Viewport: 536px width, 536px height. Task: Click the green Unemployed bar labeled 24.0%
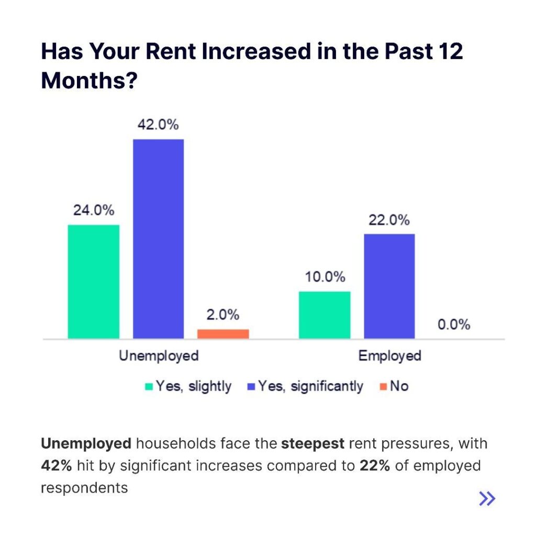pyautogui.click(x=94, y=282)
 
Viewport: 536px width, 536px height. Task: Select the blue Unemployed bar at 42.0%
pyautogui.click(x=158, y=239)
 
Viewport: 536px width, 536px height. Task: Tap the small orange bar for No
pyautogui.click(x=223, y=334)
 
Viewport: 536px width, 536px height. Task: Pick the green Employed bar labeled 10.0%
pyautogui.click(x=325, y=315)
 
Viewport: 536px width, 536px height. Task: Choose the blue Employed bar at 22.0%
pyautogui.click(x=389, y=286)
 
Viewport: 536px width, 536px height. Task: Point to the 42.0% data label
pyautogui.click(x=158, y=125)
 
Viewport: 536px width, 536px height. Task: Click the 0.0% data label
pyautogui.click(x=454, y=325)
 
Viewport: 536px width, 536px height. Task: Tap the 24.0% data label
pyautogui.click(x=94, y=210)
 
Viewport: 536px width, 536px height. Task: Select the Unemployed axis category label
pyautogui.click(x=159, y=356)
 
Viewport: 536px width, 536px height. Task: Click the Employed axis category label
pyautogui.click(x=389, y=356)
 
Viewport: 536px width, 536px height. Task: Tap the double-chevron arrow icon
pyautogui.click(x=487, y=499)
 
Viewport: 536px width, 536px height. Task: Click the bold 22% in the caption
pyautogui.click(x=374, y=466)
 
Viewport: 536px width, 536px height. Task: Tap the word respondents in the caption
pyautogui.click(x=84, y=488)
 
